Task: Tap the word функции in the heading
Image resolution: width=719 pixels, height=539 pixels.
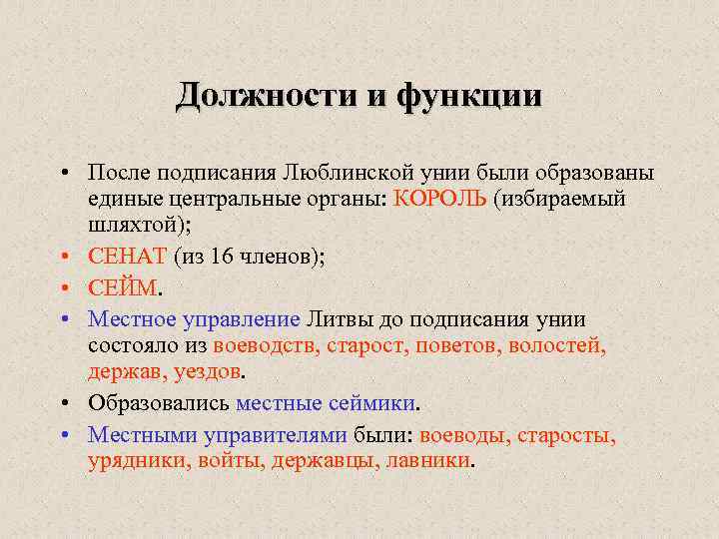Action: coord(470,96)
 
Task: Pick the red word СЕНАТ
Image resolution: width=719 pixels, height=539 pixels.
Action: coord(128,257)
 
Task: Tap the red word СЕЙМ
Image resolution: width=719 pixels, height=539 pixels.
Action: coord(123,288)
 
